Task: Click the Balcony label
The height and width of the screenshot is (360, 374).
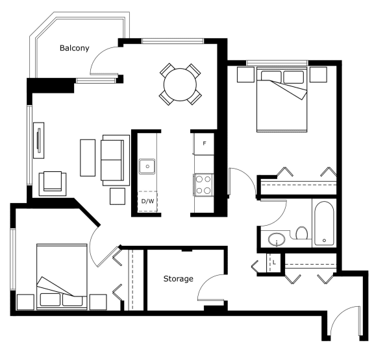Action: pyautogui.click(x=75, y=48)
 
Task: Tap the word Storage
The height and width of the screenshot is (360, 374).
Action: pyautogui.click(x=178, y=278)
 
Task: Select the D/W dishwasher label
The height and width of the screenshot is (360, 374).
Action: pyautogui.click(x=147, y=201)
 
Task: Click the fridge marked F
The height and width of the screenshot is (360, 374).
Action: pyautogui.click(x=204, y=143)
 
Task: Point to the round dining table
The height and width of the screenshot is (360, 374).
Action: pyautogui.click(x=180, y=84)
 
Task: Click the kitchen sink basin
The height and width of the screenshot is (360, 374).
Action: pyautogui.click(x=147, y=166)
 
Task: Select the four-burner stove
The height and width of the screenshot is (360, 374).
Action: pyautogui.click(x=204, y=185)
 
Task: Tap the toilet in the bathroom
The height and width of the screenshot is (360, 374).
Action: pyautogui.click(x=302, y=233)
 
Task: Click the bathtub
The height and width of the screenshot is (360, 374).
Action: pyautogui.click(x=324, y=224)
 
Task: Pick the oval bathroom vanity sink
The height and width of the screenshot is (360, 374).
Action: pyautogui.click(x=277, y=239)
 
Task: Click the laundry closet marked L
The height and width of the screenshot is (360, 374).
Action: pyautogui.click(x=273, y=262)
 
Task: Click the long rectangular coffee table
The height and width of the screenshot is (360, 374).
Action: pyautogui.click(x=88, y=158)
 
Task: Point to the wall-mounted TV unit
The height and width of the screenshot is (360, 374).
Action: pyautogui.click(x=39, y=140)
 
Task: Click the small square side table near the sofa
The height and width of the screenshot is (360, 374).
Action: pyautogui.click(x=118, y=197)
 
